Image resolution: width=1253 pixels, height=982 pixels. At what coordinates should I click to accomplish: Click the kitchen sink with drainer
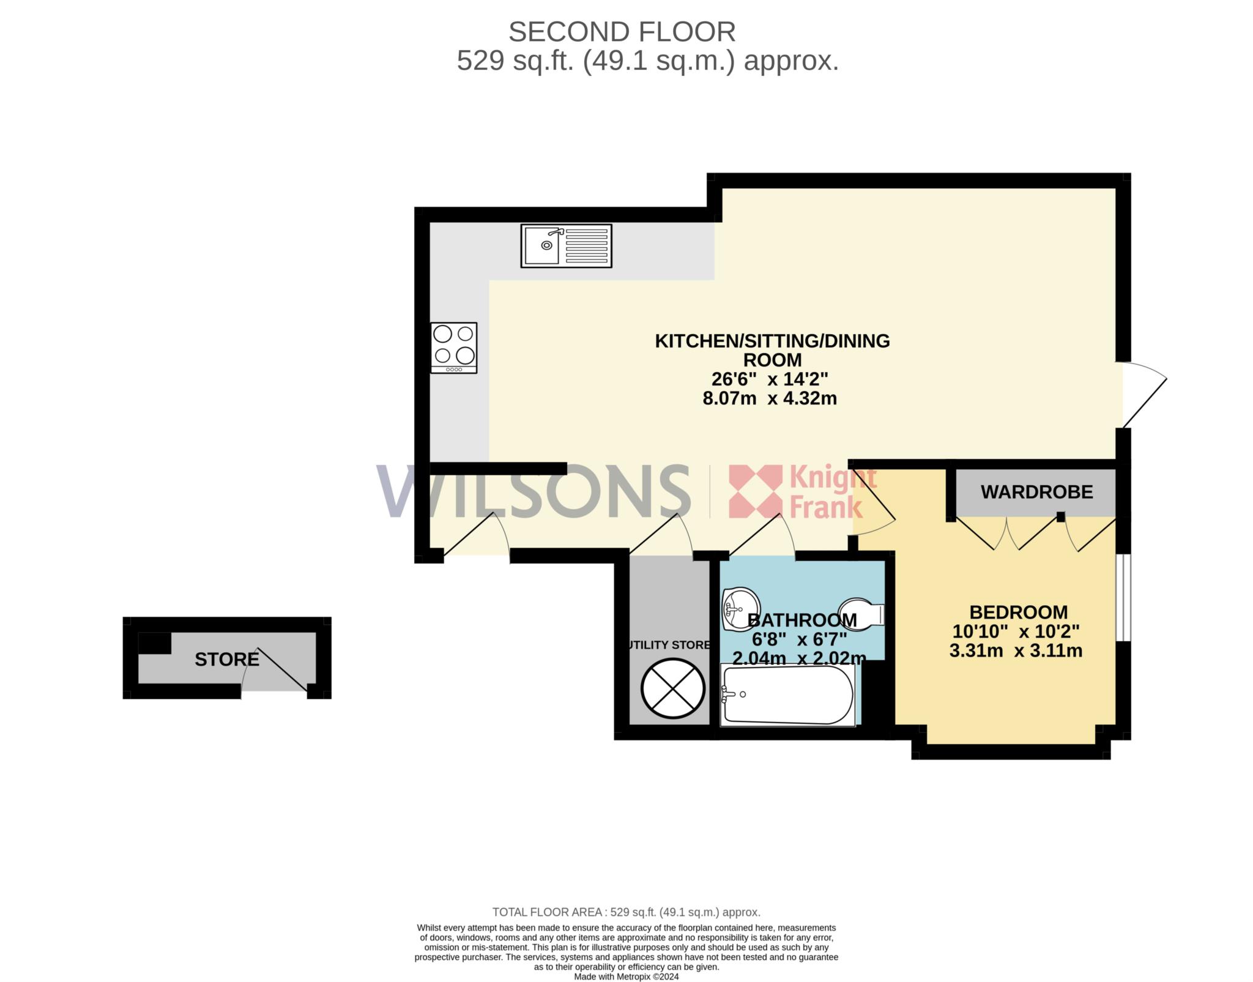[566, 245]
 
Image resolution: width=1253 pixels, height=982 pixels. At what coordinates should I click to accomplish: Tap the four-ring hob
[453, 348]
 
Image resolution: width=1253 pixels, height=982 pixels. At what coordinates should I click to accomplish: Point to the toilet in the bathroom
[861, 613]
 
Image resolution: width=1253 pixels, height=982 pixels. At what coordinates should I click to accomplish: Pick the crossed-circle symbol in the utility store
[672, 689]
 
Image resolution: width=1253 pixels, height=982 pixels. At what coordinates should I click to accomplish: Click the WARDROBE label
[1037, 492]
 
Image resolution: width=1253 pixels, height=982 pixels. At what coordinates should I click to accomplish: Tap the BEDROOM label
[1019, 612]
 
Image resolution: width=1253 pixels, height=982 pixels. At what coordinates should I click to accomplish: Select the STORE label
[227, 659]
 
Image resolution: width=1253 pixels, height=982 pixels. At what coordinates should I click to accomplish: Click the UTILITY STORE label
[669, 645]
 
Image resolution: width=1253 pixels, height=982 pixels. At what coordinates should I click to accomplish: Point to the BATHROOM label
[802, 620]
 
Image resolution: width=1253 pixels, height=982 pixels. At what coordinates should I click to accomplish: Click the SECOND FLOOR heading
[622, 32]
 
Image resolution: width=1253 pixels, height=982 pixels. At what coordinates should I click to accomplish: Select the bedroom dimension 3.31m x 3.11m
[1016, 650]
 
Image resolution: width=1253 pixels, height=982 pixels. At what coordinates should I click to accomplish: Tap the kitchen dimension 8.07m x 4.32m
[770, 398]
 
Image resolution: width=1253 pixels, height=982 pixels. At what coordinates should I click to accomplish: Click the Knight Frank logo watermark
[803, 492]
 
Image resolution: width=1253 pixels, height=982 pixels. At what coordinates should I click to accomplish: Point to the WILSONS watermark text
[533, 491]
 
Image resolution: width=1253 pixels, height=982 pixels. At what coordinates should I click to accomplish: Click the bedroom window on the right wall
[1123, 597]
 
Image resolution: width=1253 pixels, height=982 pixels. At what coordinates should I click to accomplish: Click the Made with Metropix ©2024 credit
[626, 976]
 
